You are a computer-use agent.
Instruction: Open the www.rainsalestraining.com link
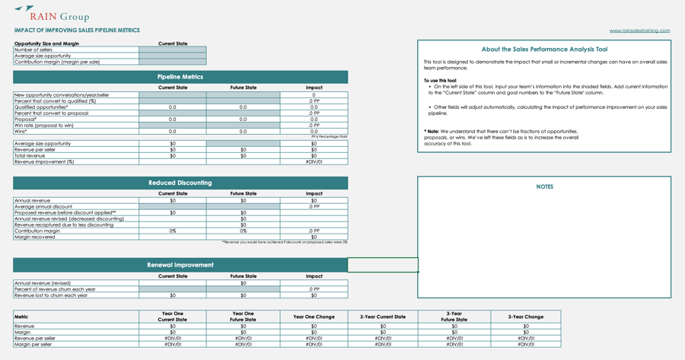pyautogui.click(x=639, y=30)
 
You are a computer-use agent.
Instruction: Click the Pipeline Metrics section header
pyautogui.click(x=180, y=77)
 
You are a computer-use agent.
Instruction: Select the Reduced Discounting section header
pyautogui.click(x=180, y=183)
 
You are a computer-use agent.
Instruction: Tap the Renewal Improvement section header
pyautogui.click(x=180, y=265)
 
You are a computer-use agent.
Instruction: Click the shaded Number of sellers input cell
pyautogui.click(x=173, y=49)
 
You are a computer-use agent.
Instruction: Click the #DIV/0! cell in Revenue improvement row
pyautogui.click(x=314, y=161)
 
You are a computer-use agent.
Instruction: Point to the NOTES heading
pyautogui.click(x=544, y=186)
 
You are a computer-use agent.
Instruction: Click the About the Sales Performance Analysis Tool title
pyautogui.click(x=544, y=49)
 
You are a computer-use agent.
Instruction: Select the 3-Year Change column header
pyautogui.click(x=525, y=317)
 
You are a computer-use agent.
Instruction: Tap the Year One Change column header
pyautogui.click(x=314, y=317)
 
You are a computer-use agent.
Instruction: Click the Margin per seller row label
pyautogui.click(x=35, y=344)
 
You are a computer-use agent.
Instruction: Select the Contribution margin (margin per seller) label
pyautogui.click(x=57, y=62)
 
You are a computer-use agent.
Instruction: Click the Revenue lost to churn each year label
pyautogui.click(x=51, y=295)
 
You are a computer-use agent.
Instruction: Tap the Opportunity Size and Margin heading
pyautogui.click(x=46, y=43)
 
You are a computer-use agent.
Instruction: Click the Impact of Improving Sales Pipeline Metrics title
pyautogui.click(x=77, y=30)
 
